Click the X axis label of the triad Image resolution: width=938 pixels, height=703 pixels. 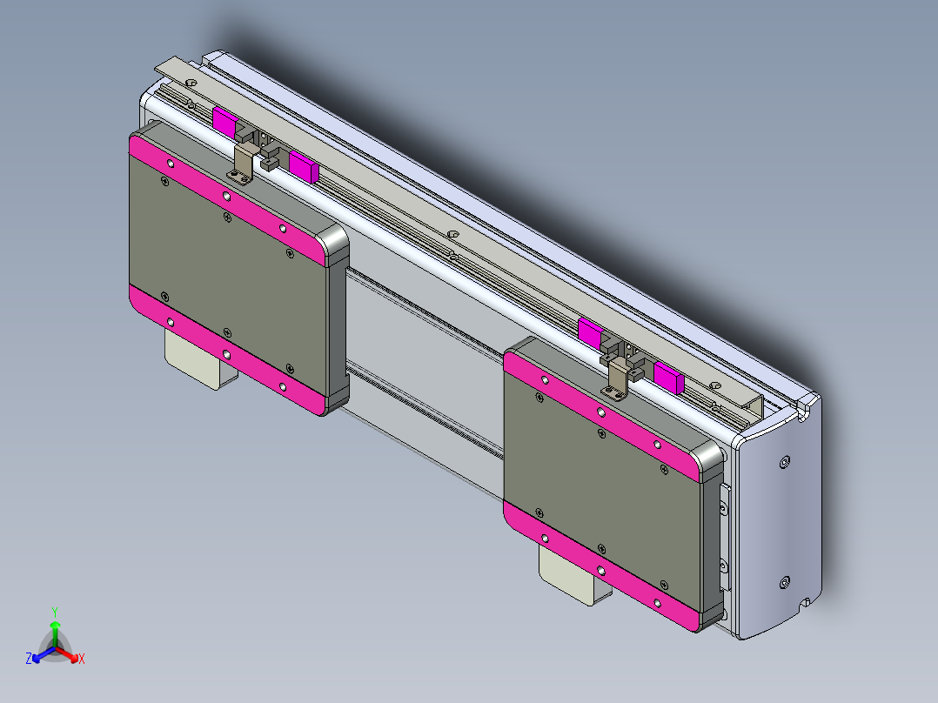[82, 659]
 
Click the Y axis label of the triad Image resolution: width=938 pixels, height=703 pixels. [54, 612]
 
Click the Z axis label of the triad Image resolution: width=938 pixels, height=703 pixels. [29, 659]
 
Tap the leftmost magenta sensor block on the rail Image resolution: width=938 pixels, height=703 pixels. [224, 123]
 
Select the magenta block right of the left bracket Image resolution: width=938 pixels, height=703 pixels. [303, 164]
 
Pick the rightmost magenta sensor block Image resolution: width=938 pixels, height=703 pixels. [667, 377]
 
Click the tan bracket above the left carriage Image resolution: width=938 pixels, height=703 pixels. [245, 161]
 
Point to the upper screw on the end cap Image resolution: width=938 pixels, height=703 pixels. [786, 461]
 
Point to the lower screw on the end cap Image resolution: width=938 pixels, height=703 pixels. [785, 581]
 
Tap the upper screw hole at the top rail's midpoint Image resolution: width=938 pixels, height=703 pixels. [453, 234]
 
